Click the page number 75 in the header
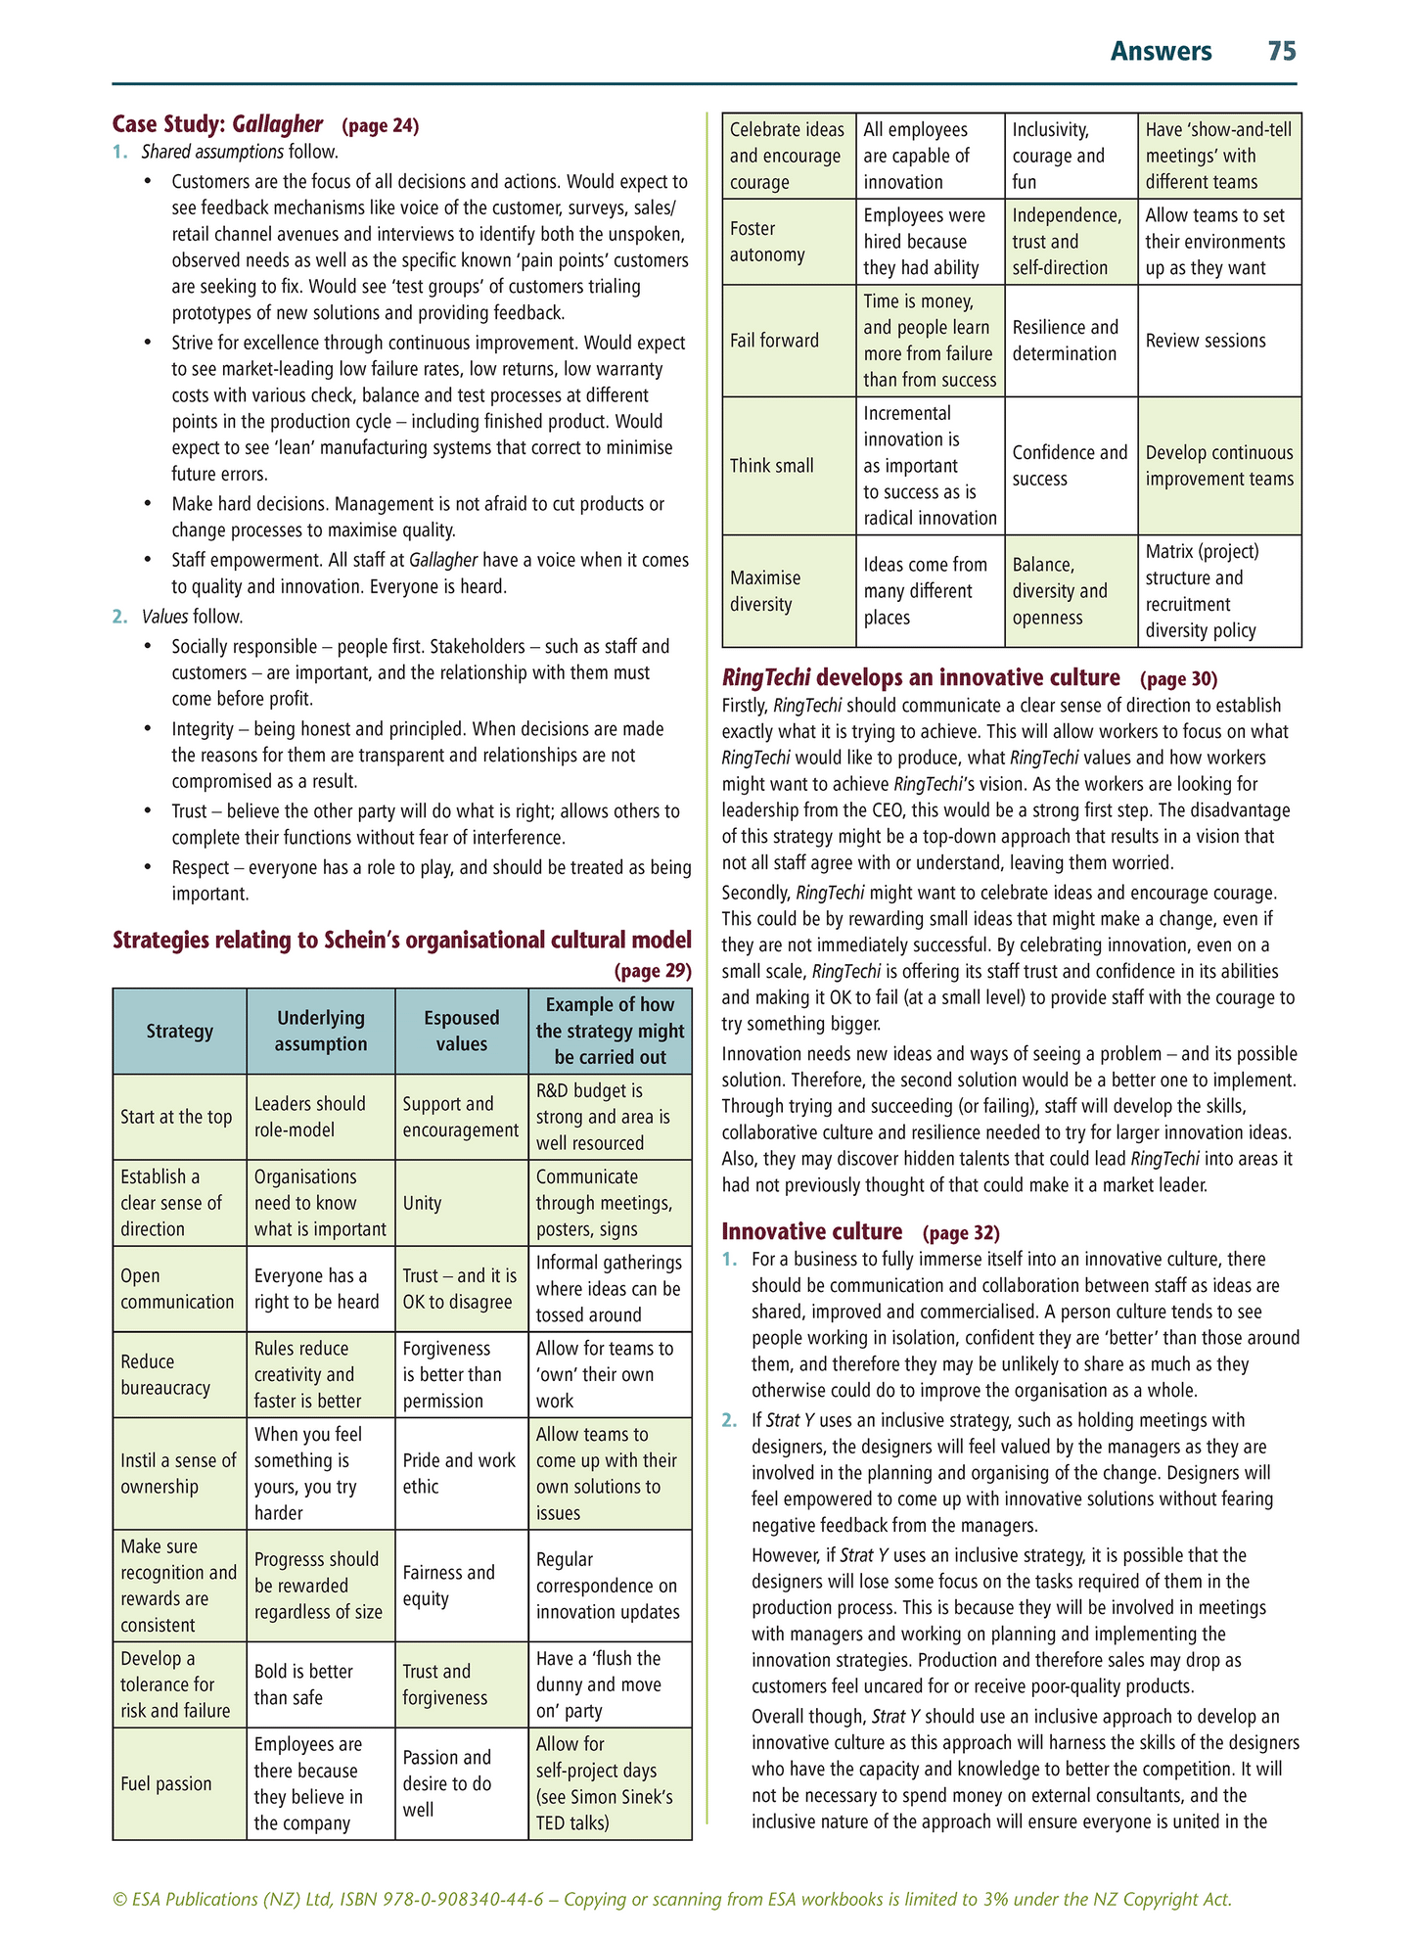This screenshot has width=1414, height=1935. tap(1281, 52)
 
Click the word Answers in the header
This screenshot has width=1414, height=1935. tap(1161, 52)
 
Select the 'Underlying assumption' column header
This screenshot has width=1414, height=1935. tap(320, 1031)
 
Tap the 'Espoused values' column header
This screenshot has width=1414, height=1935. tap(461, 1031)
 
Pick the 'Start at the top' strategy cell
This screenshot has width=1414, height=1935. tap(177, 1117)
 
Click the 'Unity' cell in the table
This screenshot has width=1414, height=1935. tap(423, 1203)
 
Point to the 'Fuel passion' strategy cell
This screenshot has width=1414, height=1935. tap(166, 1783)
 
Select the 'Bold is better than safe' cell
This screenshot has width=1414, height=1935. tap(303, 1683)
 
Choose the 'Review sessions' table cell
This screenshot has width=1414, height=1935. tap(1206, 341)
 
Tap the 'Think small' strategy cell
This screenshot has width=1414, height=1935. tap(772, 466)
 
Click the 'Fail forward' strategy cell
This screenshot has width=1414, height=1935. tap(774, 341)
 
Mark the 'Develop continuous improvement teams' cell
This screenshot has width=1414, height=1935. tap(1219, 466)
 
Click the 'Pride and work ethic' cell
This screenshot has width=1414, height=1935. tap(459, 1473)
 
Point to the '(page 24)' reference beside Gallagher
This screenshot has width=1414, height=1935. tap(380, 125)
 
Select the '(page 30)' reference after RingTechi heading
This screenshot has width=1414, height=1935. tap(1178, 679)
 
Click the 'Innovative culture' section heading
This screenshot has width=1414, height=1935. tap(811, 1231)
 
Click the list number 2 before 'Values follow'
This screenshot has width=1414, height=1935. tap(119, 617)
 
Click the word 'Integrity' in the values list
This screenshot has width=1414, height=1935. tap(202, 729)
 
